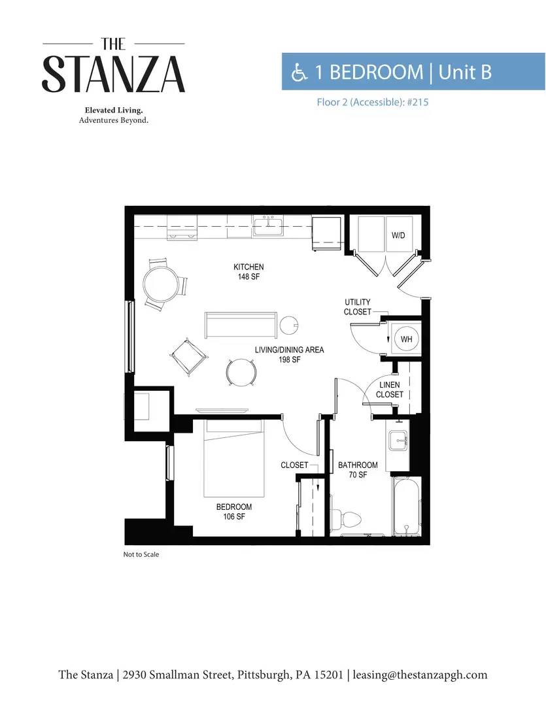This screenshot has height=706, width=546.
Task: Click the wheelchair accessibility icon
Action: point(299,72)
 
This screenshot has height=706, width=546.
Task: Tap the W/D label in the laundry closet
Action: point(398,235)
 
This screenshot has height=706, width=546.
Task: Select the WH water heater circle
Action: point(406,339)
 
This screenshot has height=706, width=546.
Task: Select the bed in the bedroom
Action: point(233,458)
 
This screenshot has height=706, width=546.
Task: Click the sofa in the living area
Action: point(241,325)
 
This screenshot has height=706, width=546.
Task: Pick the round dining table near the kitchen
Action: point(160,284)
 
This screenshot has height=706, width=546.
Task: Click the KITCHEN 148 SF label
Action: point(248,271)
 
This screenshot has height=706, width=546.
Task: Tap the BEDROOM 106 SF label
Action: point(234,511)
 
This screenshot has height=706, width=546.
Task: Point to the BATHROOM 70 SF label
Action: point(358,469)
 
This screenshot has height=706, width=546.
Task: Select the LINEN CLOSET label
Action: point(390,390)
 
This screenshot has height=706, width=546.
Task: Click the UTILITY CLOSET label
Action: point(358,307)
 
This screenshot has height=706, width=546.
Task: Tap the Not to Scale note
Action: point(141,554)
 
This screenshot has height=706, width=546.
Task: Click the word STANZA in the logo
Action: point(114,75)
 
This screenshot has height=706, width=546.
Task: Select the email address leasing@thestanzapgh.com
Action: point(420,675)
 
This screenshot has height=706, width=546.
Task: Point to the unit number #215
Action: point(418,102)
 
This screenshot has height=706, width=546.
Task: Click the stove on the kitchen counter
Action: point(182,227)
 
